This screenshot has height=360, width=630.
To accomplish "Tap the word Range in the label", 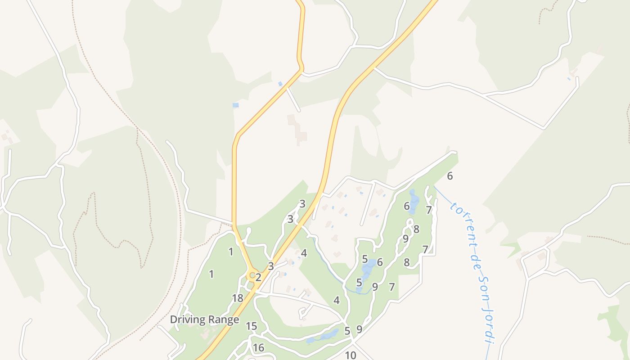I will [223, 320].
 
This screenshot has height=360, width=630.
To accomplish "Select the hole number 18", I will [238, 298].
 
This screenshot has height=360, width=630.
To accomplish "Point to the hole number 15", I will [251, 326].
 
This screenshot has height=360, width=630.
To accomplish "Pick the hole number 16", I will [258, 348].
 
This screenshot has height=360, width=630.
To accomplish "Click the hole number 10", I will [351, 355].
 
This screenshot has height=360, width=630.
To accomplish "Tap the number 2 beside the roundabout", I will [258, 277].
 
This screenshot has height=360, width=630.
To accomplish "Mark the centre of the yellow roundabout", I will [252, 274].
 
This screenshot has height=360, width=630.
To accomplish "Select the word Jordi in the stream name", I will [486, 326].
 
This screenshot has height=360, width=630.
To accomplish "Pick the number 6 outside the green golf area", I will [450, 176].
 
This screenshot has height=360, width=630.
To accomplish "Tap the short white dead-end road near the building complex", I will [293, 99].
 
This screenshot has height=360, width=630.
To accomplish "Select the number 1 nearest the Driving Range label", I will [211, 274].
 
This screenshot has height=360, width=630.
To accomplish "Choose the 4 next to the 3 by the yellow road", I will [304, 253].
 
